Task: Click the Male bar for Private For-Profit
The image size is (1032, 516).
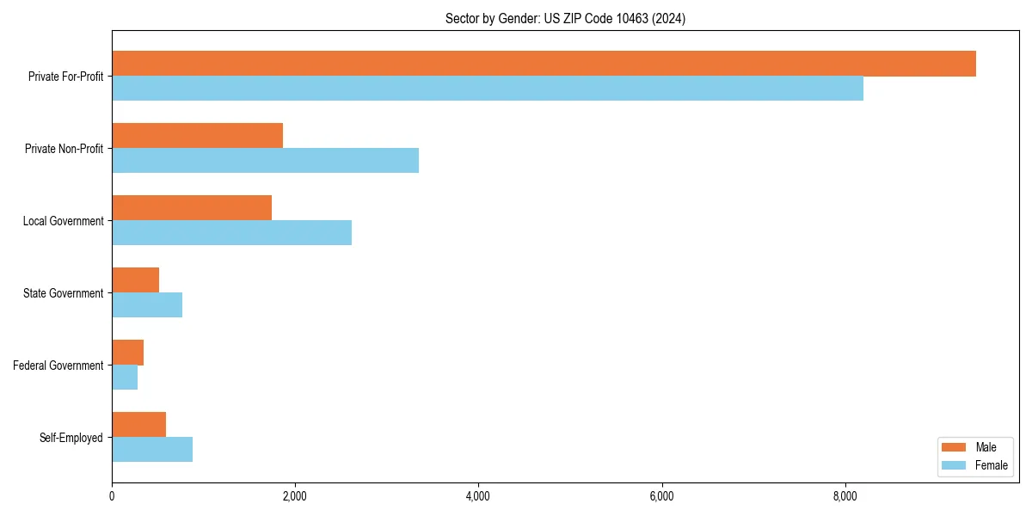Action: point(544,64)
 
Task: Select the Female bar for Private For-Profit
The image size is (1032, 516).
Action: point(488,89)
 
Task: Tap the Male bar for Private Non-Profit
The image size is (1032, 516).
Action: point(197,136)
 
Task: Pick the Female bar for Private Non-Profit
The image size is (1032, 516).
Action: point(265,161)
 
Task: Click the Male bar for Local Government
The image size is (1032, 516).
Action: point(192,208)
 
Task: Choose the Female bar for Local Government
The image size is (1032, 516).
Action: point(231,233)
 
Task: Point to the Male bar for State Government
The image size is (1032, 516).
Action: point(135,280)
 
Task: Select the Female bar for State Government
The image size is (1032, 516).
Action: point(147,305)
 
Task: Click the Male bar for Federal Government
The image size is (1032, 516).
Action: point(127,353)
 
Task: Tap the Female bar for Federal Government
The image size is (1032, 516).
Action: point(125,378)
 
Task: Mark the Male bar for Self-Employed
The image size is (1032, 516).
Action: point(138,425)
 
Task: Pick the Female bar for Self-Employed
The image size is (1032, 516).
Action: point(152,450)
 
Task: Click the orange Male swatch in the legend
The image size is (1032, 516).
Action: point(955,447)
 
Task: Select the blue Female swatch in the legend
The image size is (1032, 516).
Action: point(955,465)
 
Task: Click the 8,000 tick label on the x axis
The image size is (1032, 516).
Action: point(845,496)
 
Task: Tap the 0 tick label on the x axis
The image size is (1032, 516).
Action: point(112,496)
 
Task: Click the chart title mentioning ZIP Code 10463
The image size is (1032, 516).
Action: point(565,18)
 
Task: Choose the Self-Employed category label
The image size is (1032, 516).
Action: point(71,438)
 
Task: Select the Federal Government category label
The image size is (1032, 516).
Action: point(58,365)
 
